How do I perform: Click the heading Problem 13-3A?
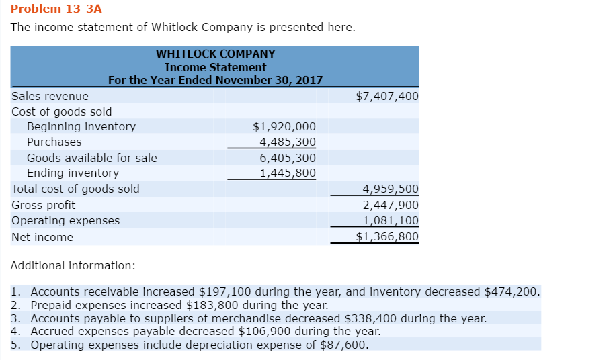pyautogui.click(x=56, y=9)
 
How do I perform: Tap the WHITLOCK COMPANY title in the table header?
pyautogui.click(x=215, y=54)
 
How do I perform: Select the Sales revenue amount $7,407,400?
pyautogui.click(x=386, y=96)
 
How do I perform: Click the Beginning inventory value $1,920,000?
pyautogui.click(x=284, y=126)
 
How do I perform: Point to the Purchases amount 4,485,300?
pyautogui.click(x=288, y=142)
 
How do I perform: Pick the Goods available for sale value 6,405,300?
pyautogui.click(x=288, y=158)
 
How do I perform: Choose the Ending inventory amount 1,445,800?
pyautogui.click(x=288, y=173)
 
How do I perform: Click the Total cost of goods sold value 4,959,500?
pyautogui.click(x=391, y=189)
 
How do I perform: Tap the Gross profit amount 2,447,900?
pyautogui.click(x=391, y=205)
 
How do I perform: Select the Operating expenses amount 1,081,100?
pyautogui.click(x=391, y=220)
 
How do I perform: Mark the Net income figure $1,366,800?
pyautogui.click(x=386, y=236)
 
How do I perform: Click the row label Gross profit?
pyautogui.click(x=44, y=205)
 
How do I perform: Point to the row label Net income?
pyautogui.click(x=42, y=237)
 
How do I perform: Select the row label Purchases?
pyautogui.click(x=54, y=142)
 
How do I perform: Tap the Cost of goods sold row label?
pyautogui.click(x=62, y=111)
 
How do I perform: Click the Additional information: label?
pyautogui.click(x=73, y=265)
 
